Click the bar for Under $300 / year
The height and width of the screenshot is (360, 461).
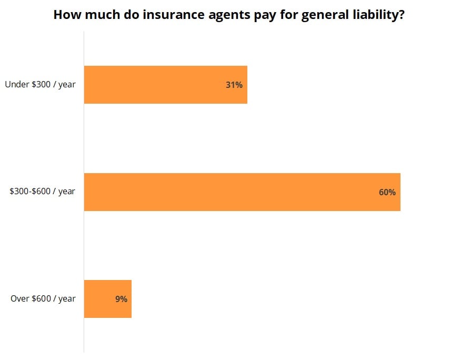point(165,85)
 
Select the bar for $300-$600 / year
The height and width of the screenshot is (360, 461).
point(242,192)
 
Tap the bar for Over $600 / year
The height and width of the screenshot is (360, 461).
point(107,299)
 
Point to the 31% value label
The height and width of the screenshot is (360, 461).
point(234,85)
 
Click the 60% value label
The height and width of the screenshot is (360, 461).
point(387,192)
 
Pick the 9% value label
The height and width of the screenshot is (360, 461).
point(121,299)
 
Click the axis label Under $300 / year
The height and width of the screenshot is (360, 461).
point(40,84)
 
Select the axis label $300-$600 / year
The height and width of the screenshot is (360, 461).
point(42,192)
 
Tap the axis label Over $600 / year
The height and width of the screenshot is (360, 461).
point(43,299)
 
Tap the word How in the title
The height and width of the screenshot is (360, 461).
point(66,15)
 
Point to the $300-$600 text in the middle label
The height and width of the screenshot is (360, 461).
point(30,192)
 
